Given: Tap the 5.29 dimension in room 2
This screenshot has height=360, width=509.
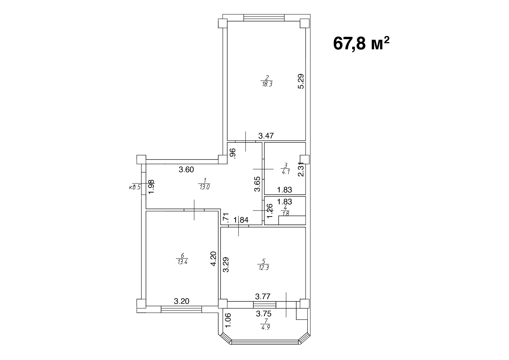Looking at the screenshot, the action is [301, 82].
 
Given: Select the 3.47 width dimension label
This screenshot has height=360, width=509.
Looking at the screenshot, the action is [266, 135].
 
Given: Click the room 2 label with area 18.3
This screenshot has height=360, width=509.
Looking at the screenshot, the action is [267, 81].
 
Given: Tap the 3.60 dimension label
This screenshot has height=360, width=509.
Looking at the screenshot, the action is [186, 170].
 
